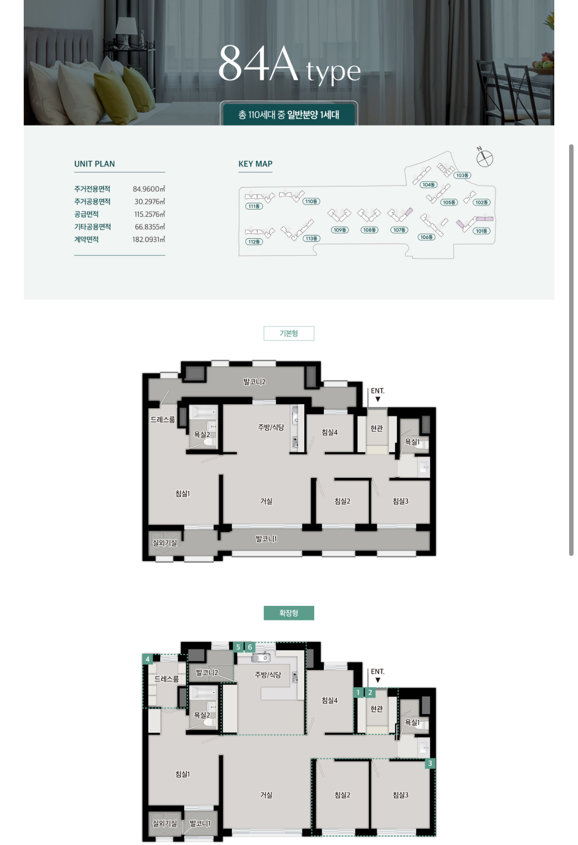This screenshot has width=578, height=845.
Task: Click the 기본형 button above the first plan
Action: [289, 333]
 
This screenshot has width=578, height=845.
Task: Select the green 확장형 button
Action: [289, 613]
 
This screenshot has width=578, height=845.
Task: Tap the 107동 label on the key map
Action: [399, 230]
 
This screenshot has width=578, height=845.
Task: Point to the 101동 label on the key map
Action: [482, 231]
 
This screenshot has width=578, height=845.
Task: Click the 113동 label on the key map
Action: [311, 238]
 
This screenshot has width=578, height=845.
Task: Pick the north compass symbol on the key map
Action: [485, 158]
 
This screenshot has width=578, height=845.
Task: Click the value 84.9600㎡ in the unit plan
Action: [149, 189]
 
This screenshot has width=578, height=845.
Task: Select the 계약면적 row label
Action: [86, 240]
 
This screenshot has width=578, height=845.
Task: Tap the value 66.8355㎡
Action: [150, 227]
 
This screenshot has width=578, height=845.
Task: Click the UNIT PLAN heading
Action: [95, 164]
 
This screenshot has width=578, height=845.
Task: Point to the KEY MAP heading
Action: [255, 164]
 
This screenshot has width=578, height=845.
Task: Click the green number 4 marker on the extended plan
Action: [147, 659]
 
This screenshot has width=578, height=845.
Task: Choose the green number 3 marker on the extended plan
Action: [430, 763]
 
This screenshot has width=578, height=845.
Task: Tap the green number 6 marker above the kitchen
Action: [250, 647]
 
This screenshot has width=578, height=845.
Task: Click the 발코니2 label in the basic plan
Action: [254, 382]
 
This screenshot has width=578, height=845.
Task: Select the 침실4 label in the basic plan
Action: [330, 432]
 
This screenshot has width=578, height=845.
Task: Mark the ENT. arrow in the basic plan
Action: [378, 399]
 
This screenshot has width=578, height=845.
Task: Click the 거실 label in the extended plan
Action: [266, 795]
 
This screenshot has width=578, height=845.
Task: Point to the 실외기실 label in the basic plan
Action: [165, 543]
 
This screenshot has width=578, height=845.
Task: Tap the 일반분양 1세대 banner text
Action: [313, 115]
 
